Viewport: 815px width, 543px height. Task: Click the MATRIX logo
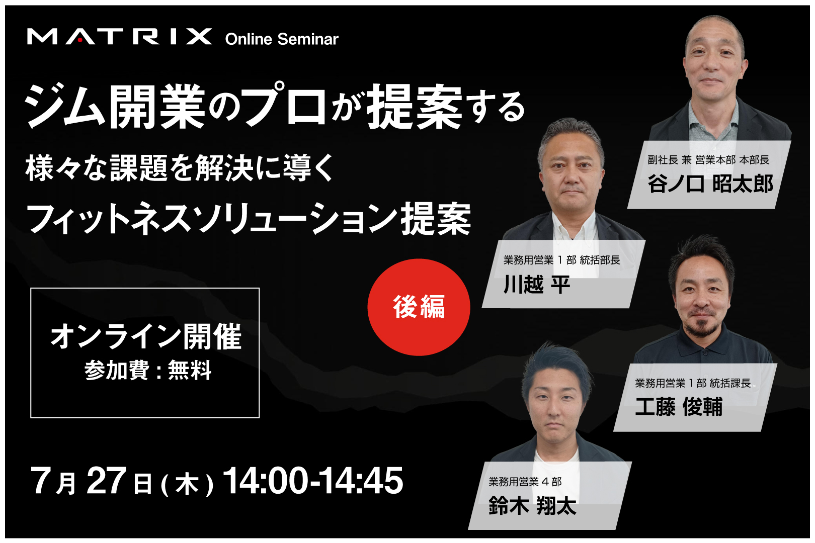(x=119, y=37)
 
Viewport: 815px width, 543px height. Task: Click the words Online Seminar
(x=282, y=39)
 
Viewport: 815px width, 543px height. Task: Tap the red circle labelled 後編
(x=419, y=307)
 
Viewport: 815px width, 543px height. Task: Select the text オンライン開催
(x=146, y=336)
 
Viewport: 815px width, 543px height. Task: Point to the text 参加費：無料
(x=148, y=370)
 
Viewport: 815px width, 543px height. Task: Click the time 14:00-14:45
(x=313, y=481)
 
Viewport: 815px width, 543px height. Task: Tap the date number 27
(x=106, y=481)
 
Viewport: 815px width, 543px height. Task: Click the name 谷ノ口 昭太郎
(x=710, y=184)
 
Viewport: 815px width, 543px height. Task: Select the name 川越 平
(x=537, y=284)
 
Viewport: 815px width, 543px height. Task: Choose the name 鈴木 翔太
(x=532, y=505)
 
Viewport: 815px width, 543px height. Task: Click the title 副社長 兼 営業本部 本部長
(x=708, y=160)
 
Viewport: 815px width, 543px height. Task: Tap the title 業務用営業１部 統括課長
(x=693, y=383)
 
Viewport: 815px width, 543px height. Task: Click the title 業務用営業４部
(x=525, y=482)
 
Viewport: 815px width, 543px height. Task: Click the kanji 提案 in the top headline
(x=414, y=107)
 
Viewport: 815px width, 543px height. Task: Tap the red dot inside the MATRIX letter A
(x=80, y=40)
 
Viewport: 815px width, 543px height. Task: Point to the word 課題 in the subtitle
(x=139, y=168)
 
